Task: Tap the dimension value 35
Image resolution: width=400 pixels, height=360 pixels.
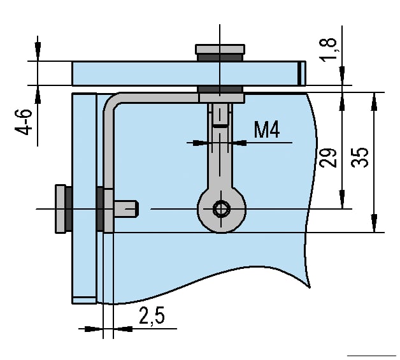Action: click(360, 157)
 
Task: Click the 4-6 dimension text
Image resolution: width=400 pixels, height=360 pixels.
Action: click(24, 121)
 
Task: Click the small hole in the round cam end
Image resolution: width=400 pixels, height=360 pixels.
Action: click(220, 208)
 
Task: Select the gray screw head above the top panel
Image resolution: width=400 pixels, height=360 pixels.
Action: click(220, 49)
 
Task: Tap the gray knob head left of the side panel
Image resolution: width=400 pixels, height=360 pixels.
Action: click(61, 208)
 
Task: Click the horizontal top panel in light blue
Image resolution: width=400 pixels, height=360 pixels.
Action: click(140, 73)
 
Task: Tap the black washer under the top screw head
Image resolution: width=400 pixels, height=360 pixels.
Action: click(220, 58)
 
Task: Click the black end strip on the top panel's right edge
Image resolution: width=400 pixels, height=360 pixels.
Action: click(301, 73)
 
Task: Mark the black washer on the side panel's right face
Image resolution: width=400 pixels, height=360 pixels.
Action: click(99, 209)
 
